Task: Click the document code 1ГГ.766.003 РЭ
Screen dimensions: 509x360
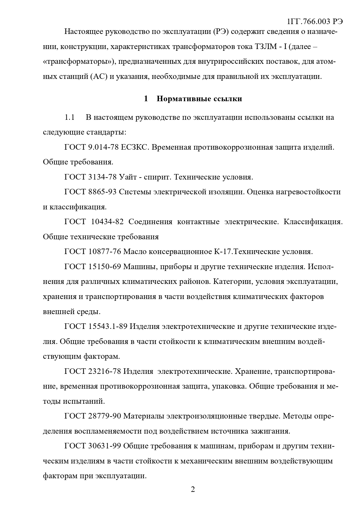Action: tap(314, 22)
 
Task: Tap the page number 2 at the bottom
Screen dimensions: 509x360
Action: tap(193, 490)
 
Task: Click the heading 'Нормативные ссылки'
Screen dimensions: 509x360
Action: tap(199, 99)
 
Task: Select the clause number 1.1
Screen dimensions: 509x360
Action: tap(70, 117)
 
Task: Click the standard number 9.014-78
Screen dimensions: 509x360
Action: tap(103, 147)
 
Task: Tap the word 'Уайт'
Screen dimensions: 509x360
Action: tap(128, 177)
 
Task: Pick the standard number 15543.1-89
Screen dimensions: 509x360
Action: tap(108, 327)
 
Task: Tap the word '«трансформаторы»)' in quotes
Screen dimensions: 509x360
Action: tap(79, 62)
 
